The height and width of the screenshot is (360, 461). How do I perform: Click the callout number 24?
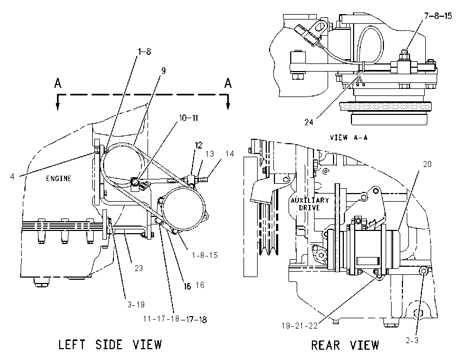(309, 122)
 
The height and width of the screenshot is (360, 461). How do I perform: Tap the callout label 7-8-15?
(438, 16)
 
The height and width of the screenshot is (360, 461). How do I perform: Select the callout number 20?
(427, 164)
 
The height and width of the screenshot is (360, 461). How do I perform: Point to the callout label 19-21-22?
(299, 326)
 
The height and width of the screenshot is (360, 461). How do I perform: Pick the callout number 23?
(139, 268)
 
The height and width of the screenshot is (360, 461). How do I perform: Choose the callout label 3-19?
(136, 305)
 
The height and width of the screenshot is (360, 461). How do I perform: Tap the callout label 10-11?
(188, 118)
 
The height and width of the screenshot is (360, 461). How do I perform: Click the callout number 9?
(163, 70)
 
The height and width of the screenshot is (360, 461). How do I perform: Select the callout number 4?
(12, 177)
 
